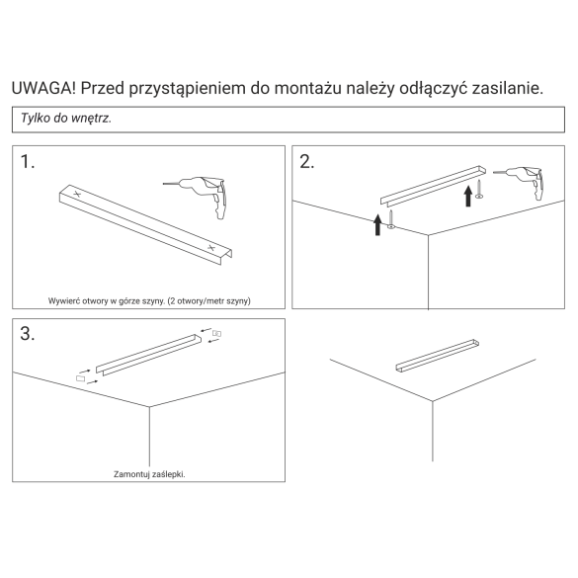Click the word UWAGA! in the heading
43,88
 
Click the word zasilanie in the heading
507,89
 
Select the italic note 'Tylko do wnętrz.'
66,118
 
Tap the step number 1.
28,162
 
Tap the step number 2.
306,162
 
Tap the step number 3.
28,334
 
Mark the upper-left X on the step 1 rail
77,193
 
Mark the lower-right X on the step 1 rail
210,247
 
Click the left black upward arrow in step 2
377,225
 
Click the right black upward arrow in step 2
468,196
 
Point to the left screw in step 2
391,219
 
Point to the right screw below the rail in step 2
479,189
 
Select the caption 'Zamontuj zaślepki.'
149,474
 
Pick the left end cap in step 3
80,378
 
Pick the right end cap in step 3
216,334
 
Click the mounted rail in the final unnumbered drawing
437,355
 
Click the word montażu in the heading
308,89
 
